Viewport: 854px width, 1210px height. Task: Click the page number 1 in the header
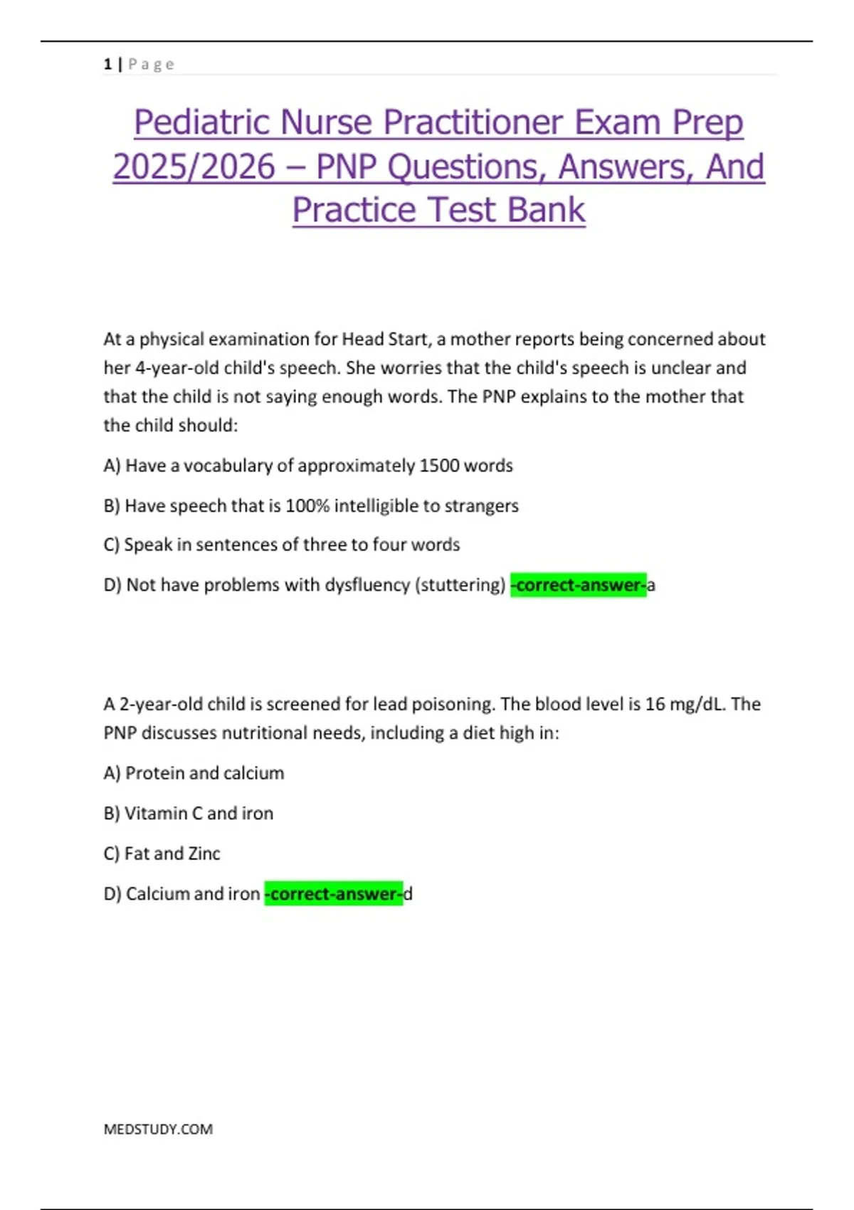(107, 64)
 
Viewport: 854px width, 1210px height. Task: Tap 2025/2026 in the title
(194, 167)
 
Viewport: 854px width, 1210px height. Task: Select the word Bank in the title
(547, 210)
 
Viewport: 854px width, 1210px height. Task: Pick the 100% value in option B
(307, 505)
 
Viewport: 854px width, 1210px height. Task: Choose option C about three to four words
(282, 544)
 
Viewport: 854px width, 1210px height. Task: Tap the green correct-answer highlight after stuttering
(579, 585)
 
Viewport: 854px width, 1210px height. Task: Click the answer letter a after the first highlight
(651, 586)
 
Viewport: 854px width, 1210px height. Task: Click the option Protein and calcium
(194, 773)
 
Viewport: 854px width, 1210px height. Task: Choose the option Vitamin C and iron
(189, 813)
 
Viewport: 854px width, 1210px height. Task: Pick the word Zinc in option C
(204, 853)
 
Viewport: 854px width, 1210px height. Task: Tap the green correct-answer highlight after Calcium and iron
(334, 894)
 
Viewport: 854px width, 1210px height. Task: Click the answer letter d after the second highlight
(408, 894)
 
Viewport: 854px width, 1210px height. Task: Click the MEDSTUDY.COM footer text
(158, 1129)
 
